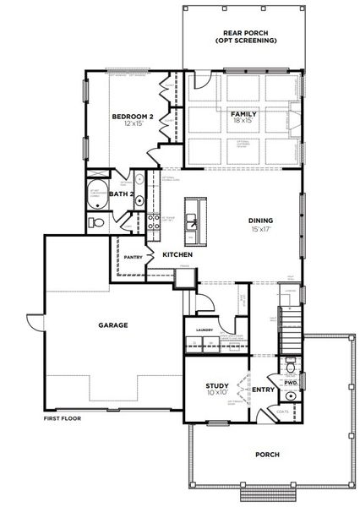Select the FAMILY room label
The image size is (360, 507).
click(243, 112)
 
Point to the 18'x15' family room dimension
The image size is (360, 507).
click(243, 121)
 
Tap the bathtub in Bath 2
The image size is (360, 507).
click(95, 191)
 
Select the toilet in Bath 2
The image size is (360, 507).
click(96, 222)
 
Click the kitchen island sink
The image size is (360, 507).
click(194, 221)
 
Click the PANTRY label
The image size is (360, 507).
click(132, 256)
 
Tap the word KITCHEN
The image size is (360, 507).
click(177, 254)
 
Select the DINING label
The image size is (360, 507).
click(259, 221)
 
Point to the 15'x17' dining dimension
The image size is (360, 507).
click(259, 230)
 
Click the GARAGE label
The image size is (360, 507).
click(112, 324)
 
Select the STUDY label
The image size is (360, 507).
click(217, 384)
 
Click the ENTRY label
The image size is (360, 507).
click(264, 390)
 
